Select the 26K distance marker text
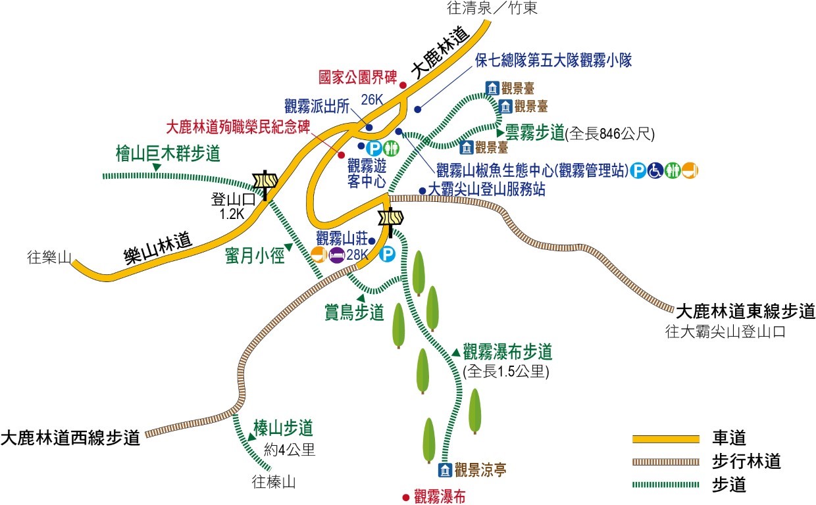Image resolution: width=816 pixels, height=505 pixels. click(x=372, y=100)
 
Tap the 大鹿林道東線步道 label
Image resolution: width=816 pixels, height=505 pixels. click(x=743, y=310)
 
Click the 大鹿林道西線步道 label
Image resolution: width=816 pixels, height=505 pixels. click(x=70, y=437)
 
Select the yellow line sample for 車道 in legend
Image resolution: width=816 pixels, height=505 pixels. click(x=665, y=439)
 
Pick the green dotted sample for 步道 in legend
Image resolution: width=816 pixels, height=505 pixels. click(x=665, y=485)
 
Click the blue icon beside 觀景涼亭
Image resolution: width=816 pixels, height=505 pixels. click(x=445, y=469)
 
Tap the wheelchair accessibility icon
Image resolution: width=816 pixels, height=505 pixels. click(x=655, y=171)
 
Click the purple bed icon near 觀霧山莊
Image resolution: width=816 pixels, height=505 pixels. click(x=336, y=254)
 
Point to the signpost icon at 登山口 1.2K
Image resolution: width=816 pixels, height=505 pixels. click(x=265, y=183)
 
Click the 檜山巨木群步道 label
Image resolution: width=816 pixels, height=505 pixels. click(x=167, y=155)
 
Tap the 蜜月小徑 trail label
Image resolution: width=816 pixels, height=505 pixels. click(x=253, y=255)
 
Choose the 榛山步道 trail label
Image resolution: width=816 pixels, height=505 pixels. click(x=283, y=429)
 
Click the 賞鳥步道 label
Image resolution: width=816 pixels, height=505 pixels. click(x=354, y=312)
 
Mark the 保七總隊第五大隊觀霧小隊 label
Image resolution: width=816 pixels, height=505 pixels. click(x=553, y=61)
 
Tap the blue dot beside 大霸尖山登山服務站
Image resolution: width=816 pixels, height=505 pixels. click(x=422, y=191)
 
